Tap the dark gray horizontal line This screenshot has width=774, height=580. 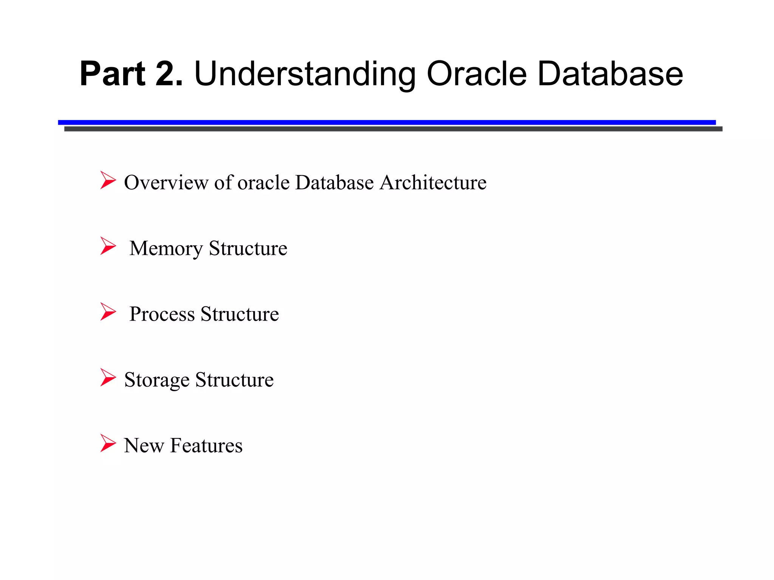pos(393,129)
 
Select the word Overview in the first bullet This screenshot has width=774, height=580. pos(166,182)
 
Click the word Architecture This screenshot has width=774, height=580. pos(433,182)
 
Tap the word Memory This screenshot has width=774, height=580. pos(166,248)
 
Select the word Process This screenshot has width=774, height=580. pos(162,314)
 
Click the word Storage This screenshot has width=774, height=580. pos(157,380)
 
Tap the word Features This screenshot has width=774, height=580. pos(206,446)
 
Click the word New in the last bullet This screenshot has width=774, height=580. pos(144,446)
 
